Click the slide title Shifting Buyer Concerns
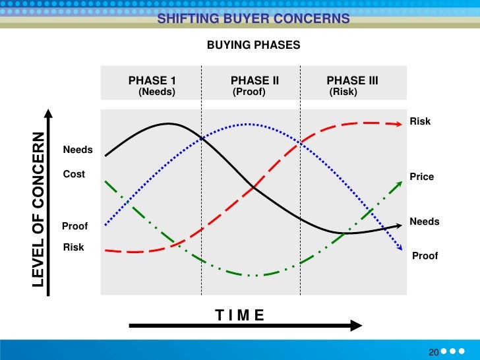pos(253,19)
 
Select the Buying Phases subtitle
pos(253,45)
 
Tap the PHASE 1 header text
pos(152,81)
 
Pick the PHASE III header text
pos(352,81)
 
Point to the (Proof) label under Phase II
pos(249,92)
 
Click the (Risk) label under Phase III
pos(343,92)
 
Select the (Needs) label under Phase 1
pos(157,92)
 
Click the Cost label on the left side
pos(74,175)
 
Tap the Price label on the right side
pos(422,177)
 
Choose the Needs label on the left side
pos(78,150)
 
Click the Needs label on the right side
pos(425,222)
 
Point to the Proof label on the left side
pos(75,226)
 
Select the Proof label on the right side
pos(425,256)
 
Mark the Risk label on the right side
pos(420,121)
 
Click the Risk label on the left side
pos(73,248)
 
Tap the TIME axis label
pos(239,315)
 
